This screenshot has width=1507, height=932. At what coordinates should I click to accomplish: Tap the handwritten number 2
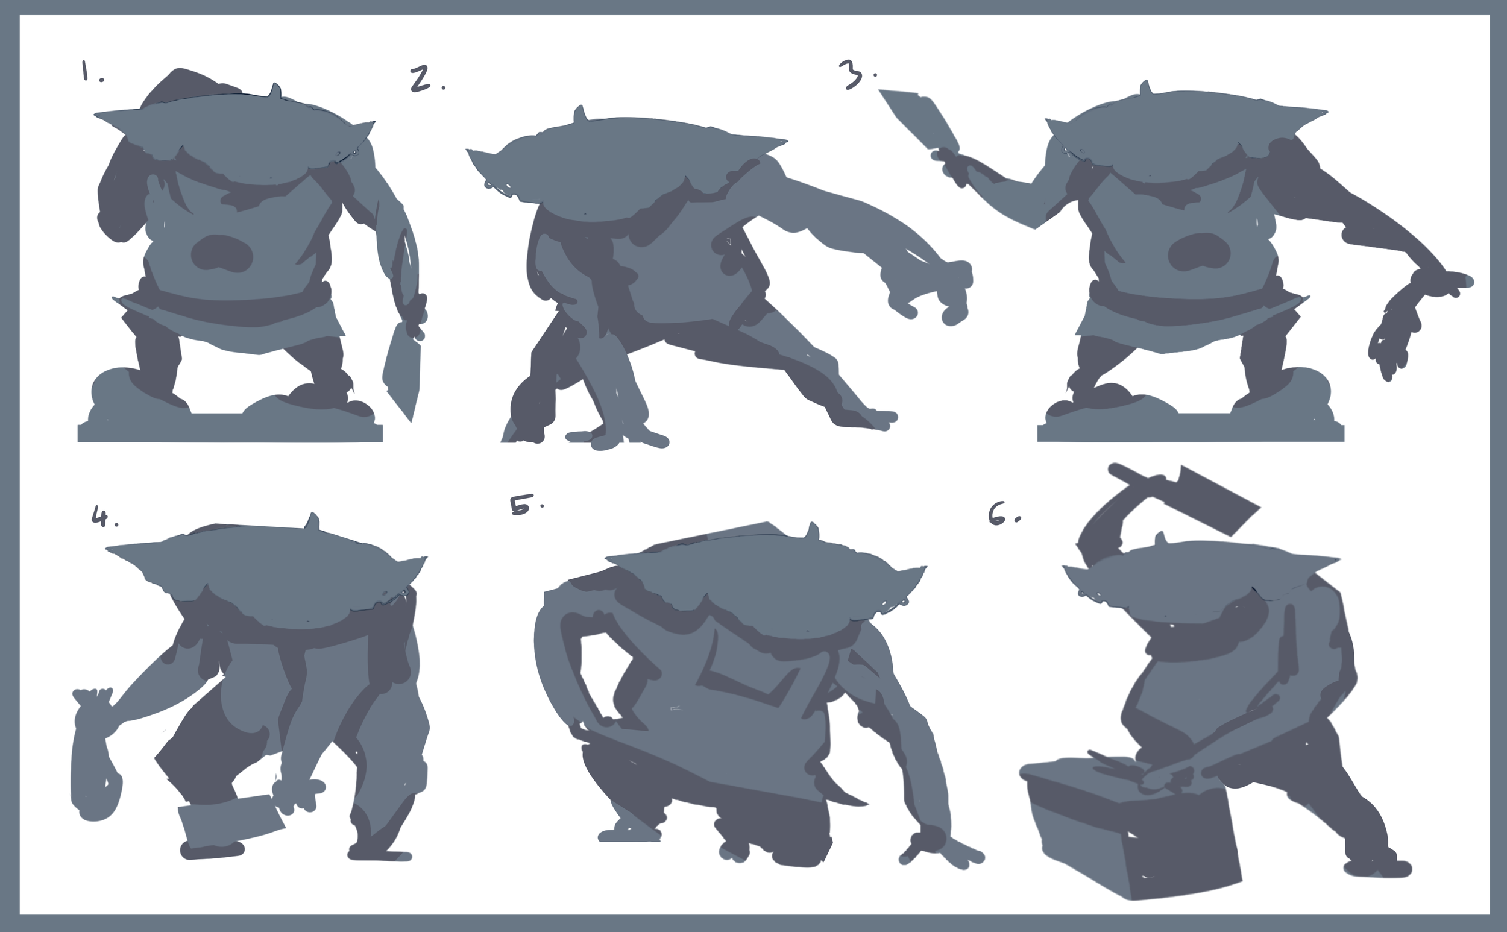click(420, 80)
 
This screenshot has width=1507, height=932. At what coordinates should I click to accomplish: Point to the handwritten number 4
click(99, 515)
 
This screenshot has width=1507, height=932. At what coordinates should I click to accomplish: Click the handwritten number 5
click(520, 505)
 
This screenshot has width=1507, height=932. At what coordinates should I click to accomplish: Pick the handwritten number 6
click(997, 514)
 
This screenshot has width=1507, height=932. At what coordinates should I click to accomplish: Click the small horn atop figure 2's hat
click(579, 114)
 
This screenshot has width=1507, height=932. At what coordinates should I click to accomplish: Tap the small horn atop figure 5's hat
click(814, 531)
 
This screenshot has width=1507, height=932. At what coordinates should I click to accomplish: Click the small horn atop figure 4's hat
click(313, 521)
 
